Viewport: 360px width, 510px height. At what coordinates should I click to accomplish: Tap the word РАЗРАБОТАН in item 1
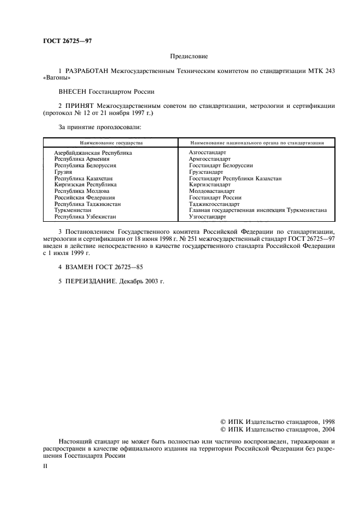87,71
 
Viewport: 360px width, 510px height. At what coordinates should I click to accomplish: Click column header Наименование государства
111,142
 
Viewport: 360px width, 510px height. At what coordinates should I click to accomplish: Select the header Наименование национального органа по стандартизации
258,142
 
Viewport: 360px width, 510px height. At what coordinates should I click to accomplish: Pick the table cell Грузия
64,172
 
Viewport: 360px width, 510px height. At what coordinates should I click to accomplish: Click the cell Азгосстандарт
208,153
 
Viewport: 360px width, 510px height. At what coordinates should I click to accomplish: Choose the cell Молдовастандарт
211,191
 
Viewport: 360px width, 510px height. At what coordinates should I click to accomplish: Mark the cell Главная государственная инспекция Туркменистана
258,210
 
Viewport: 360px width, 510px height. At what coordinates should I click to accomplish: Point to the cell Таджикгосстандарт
214,204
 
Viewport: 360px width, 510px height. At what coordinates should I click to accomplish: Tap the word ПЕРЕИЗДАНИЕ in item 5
90,281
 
